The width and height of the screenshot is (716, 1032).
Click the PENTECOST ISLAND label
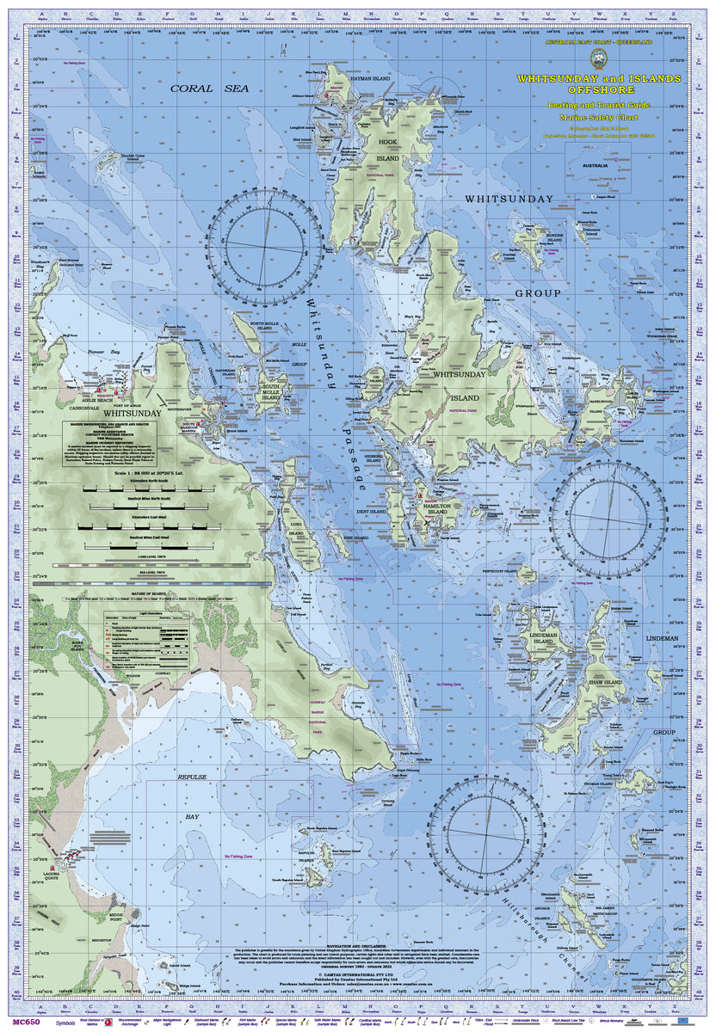[499, 570]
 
